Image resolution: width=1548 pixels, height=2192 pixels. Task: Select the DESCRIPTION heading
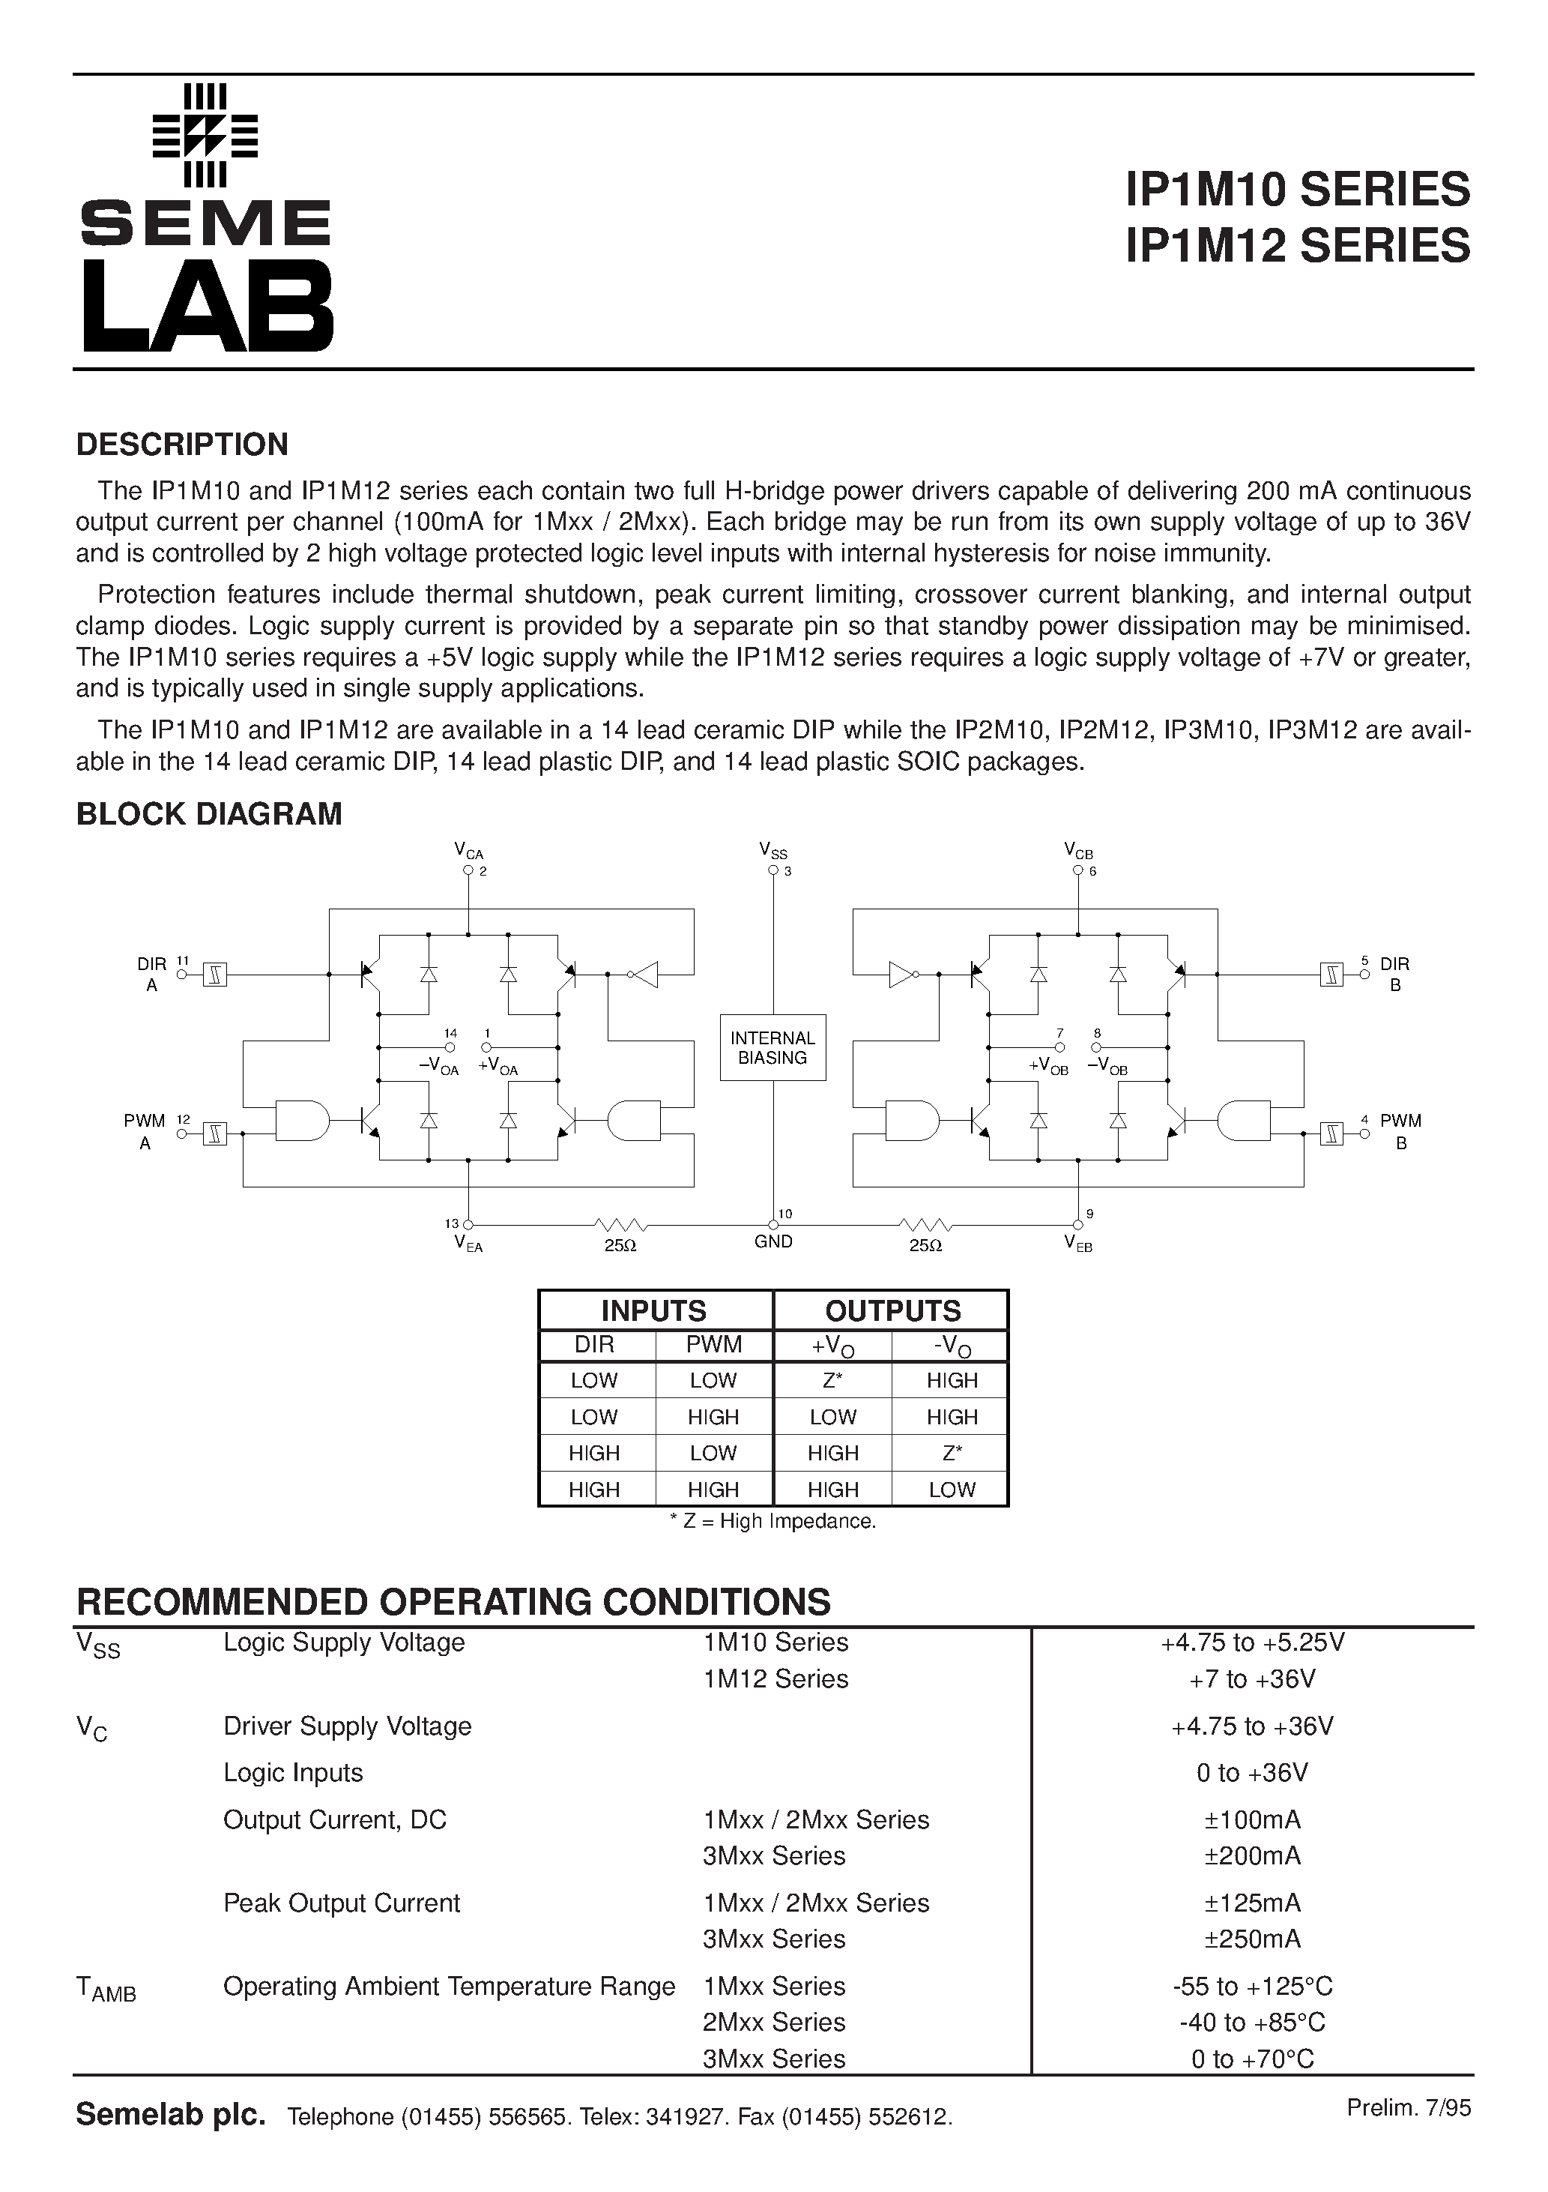(181, 445)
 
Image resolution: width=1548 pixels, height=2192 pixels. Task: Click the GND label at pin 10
(773, 1242)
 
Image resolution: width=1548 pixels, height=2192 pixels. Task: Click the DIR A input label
(152, 974)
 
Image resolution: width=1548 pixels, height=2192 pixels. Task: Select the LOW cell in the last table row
(952, 1490)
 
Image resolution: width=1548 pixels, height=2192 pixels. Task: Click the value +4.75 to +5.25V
(1252, 1642)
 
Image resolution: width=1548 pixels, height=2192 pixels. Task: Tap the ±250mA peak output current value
(1252, 1939)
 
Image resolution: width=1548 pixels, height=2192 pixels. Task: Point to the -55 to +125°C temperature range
(1252, 1987)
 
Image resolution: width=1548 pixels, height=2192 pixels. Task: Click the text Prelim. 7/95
(1409, 2108)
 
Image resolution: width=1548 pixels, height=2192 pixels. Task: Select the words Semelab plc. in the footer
(170, 2115)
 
